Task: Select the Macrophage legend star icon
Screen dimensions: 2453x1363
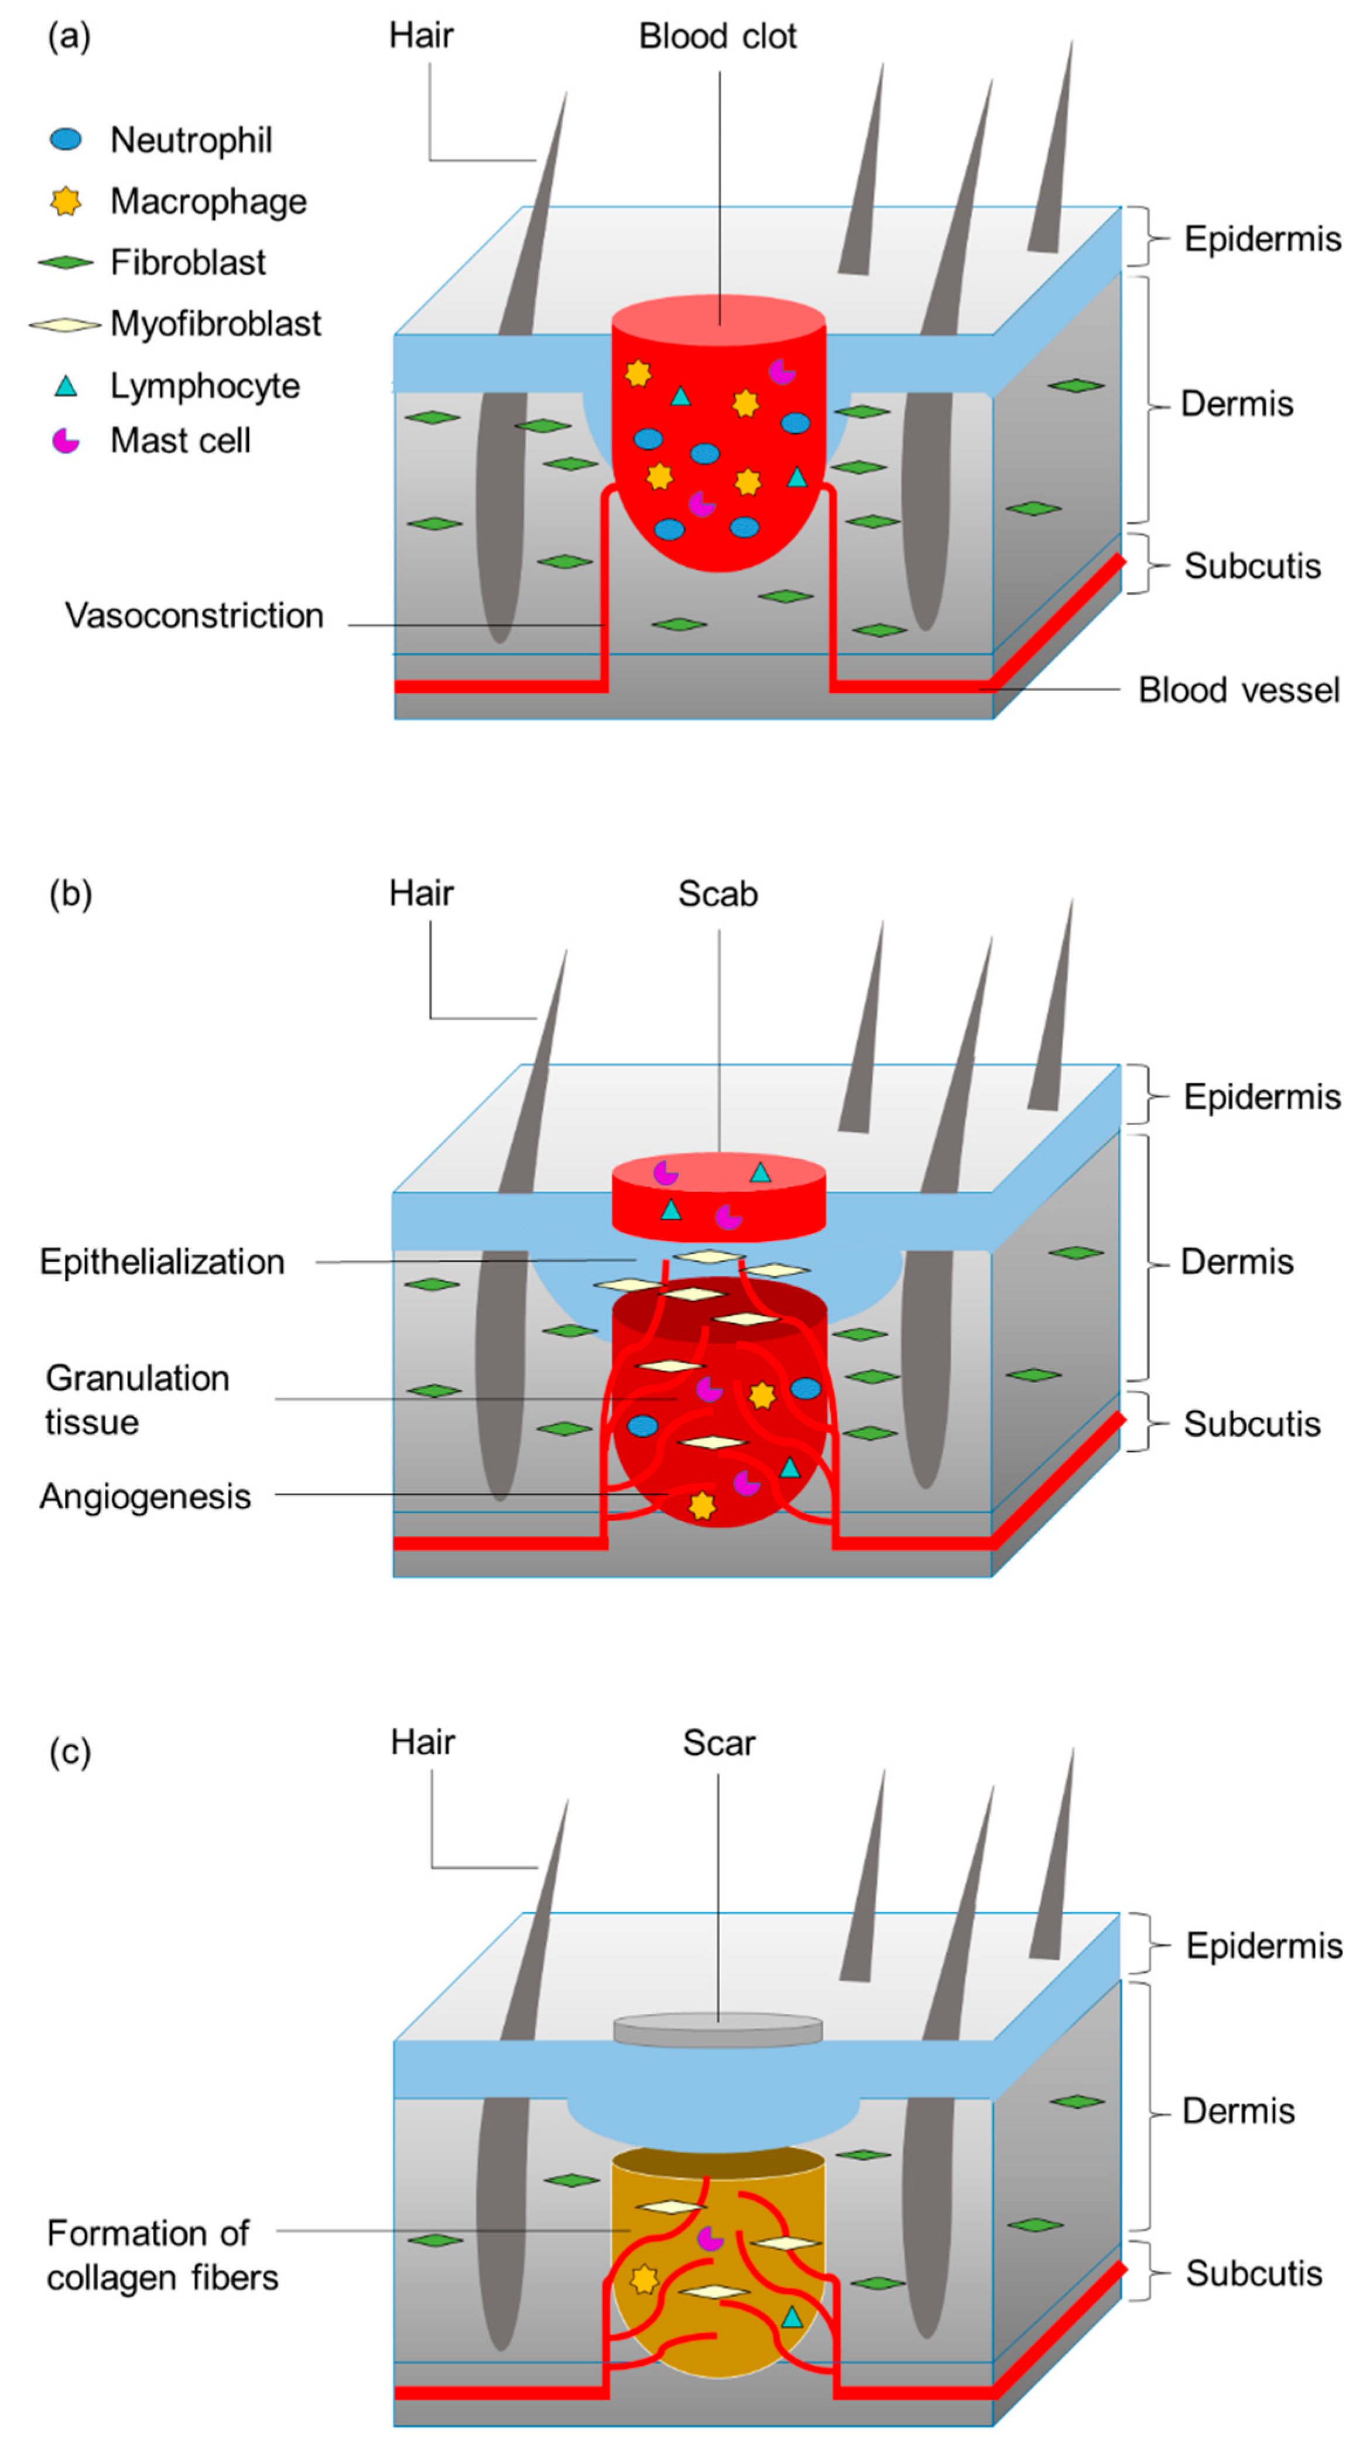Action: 66,201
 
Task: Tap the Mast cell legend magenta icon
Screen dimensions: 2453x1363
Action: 66,441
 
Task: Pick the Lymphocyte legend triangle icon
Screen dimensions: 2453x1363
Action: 66,386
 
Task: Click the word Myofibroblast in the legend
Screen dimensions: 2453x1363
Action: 215,324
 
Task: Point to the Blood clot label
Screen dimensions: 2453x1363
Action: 717,36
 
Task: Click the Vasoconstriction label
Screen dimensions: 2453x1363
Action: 194,616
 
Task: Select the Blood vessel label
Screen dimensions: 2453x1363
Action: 1238,690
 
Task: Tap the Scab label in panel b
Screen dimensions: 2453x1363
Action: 717,894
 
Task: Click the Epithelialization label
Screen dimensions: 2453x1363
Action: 162,1262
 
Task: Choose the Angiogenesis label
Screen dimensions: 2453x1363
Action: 145,1496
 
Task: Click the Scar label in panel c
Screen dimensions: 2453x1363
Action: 718,1743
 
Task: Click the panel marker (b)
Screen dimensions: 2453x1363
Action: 70,894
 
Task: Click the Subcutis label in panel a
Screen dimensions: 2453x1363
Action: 1252,566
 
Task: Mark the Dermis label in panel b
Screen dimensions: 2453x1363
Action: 1237,1262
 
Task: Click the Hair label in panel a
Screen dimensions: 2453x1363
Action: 421,36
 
